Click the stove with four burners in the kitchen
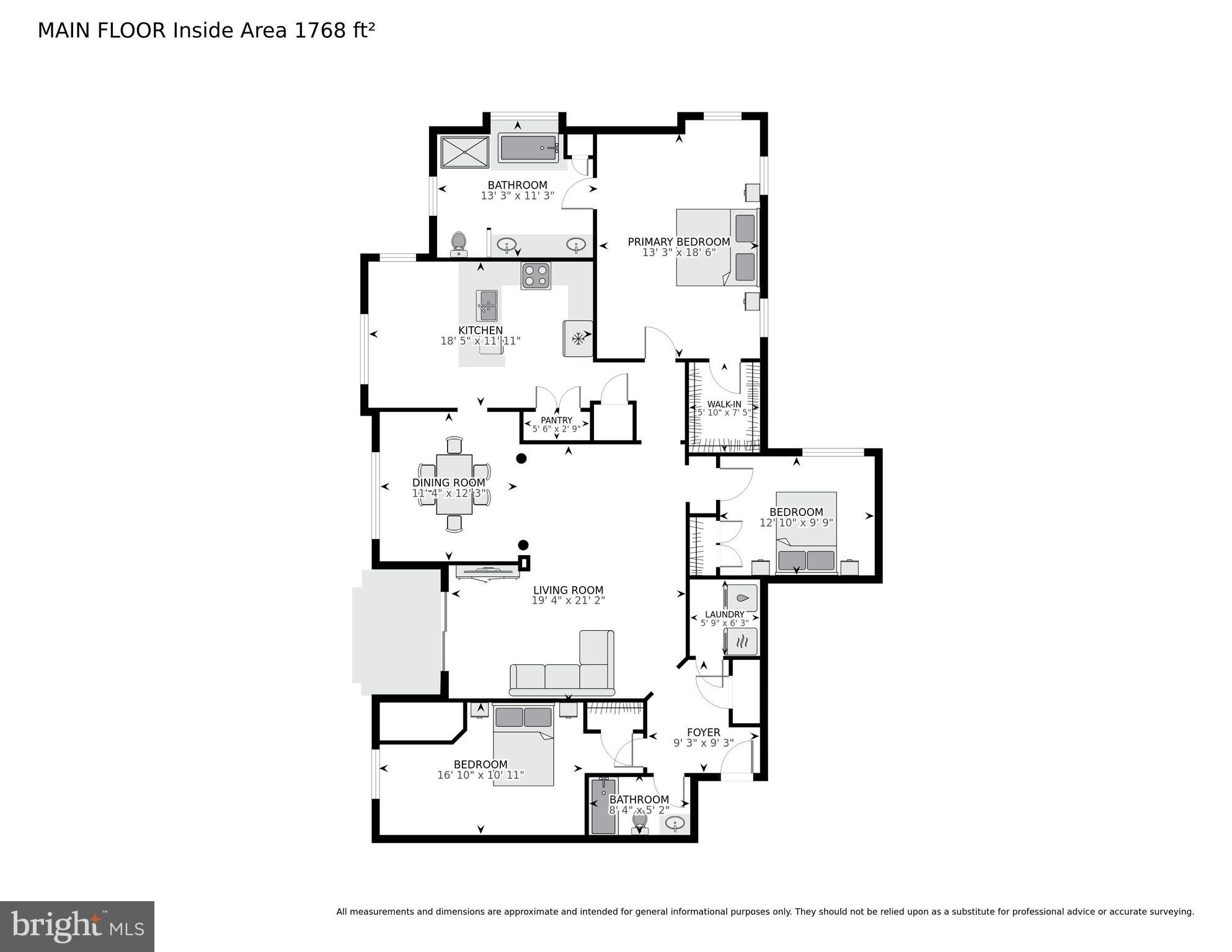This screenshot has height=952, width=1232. click(536, 276)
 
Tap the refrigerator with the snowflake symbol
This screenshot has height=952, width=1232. click(578, 339)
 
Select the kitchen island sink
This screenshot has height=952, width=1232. click(487, 306)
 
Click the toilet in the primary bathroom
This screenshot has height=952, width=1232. click(458, 242)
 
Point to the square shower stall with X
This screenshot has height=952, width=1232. click(464, 152)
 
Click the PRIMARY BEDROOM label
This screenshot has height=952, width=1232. click(679, 242)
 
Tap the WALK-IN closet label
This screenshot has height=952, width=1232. click(724, 404)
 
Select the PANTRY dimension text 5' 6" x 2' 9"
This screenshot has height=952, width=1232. click(556, 429)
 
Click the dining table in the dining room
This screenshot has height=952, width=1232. click(454, 484)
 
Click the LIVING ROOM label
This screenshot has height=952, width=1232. click(568, 590)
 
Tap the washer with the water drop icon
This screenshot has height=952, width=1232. click(742, 598)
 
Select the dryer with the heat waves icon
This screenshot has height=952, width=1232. click(742, 641)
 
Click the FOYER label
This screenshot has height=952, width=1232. click(703, 732)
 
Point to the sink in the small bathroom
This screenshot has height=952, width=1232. click(675, 823)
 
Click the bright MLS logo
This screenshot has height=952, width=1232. click(77, 926)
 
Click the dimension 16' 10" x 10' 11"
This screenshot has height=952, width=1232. click(481, 775)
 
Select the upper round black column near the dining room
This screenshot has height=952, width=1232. click(521, 458)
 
